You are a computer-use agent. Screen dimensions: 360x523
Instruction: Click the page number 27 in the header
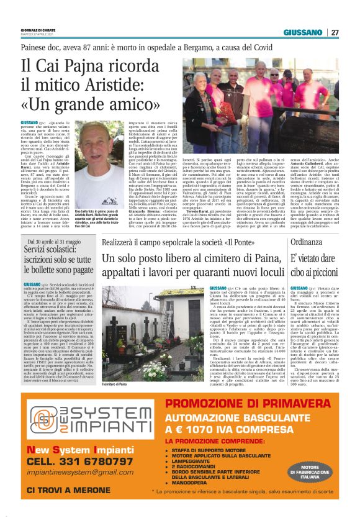pos(335,32)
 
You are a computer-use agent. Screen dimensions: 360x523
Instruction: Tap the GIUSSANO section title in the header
pos(303,32)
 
